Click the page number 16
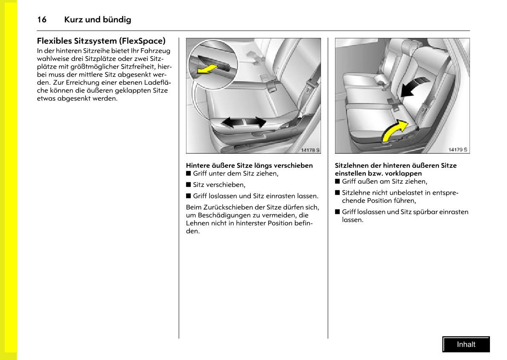(42, 20)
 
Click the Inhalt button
(466, 344)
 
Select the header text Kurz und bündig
(97, 20)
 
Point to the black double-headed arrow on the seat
(243, 122)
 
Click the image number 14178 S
(310, 150)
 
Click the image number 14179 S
(458, 150)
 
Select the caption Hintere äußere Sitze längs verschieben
(249, 165)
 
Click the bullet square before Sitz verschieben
(189, 184)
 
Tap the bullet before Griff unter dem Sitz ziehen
(189, 173)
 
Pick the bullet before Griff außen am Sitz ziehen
(338, 181)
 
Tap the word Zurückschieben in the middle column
(225, 207)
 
